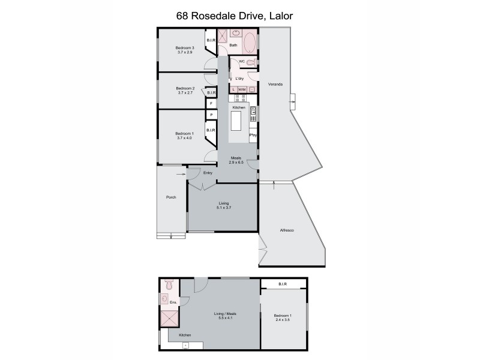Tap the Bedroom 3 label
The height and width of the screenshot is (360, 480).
click(184, 50)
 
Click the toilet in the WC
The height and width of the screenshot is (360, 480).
click(252, 62)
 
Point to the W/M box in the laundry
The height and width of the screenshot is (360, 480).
click(242, 89)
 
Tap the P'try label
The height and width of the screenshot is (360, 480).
click(253, 136)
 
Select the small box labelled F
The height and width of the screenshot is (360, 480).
click(211, 104)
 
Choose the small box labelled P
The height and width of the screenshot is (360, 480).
click(211, 115)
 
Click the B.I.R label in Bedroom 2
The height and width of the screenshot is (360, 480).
click(211, 93)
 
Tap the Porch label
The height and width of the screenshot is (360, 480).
click(170, 197)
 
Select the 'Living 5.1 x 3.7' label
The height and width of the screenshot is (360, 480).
click(223, 205)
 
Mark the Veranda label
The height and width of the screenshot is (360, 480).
click(275, 84)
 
